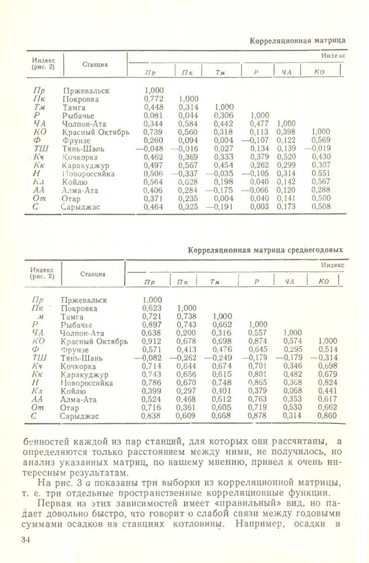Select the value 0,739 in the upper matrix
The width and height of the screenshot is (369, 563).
154,132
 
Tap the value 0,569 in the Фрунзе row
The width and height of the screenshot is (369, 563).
321,141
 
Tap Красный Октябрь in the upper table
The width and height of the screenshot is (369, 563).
96,132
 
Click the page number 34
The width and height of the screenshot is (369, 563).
26,540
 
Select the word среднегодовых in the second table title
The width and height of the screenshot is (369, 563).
310,250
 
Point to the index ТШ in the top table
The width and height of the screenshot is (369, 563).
38,149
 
